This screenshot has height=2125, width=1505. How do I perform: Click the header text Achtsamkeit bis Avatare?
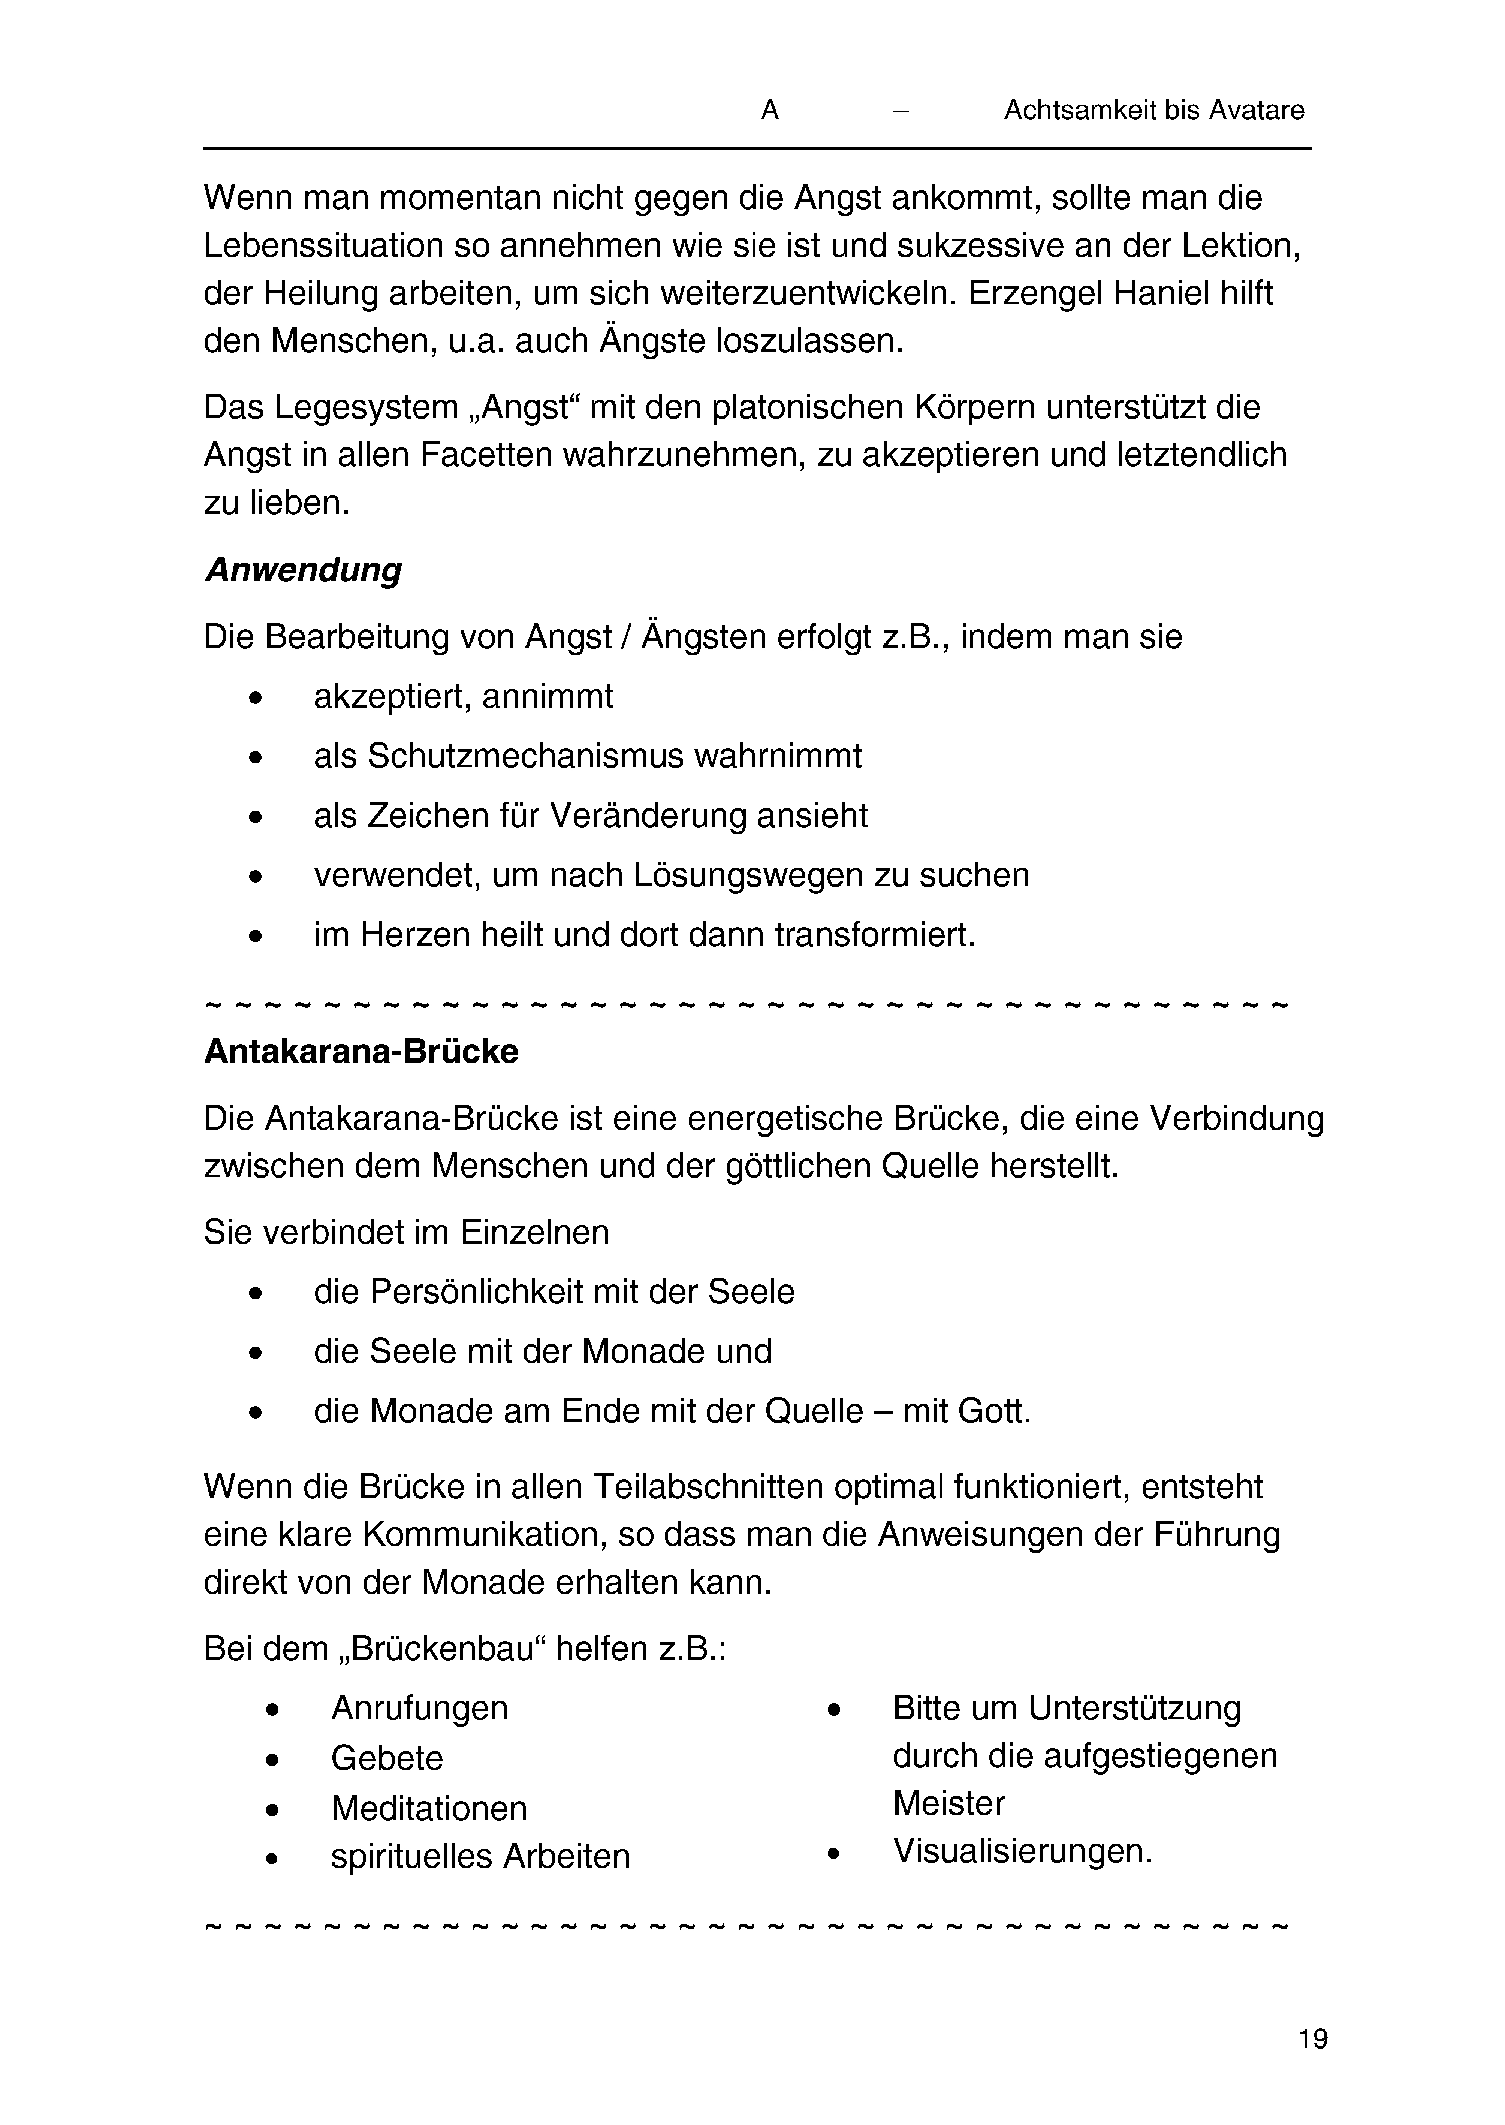[1154, 111]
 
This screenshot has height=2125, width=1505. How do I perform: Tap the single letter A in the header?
[769, 111]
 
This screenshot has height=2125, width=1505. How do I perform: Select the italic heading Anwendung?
[303, 570]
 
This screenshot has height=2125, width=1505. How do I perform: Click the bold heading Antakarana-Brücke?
[361, 1052]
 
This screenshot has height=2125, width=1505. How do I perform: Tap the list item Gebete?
[386, 1758]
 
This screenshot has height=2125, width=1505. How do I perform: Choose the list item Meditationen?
[429, 1808]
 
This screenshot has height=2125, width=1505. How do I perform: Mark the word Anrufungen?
[419, 1708]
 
